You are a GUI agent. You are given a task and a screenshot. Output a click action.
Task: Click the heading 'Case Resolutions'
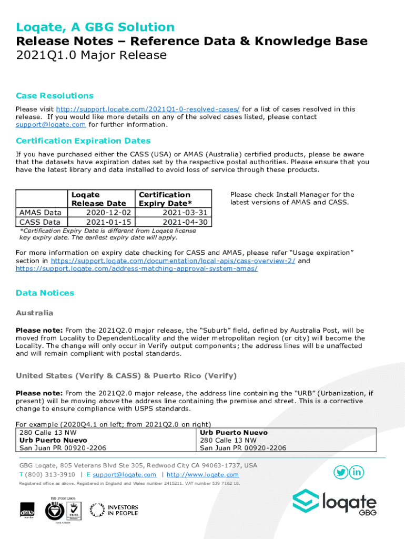tap(55, 95)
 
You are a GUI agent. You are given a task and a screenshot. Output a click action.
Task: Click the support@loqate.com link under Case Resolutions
tap(50, 125)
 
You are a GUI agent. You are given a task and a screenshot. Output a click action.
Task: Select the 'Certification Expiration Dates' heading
tap(83, 141)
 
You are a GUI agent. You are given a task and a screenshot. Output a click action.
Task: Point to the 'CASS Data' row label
tap(40, 222)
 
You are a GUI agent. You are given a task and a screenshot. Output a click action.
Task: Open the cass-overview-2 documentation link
tap(173, 261)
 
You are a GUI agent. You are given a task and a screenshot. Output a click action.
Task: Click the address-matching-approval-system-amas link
tap(137, 268)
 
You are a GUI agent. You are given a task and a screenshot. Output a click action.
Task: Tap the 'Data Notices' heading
tap(45, 293)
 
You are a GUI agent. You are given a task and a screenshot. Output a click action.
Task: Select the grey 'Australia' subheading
tap(34, 313)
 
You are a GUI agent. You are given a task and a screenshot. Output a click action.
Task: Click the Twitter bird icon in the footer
tap(341, 472)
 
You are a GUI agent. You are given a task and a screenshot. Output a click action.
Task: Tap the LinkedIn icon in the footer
tap(357, 472)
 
